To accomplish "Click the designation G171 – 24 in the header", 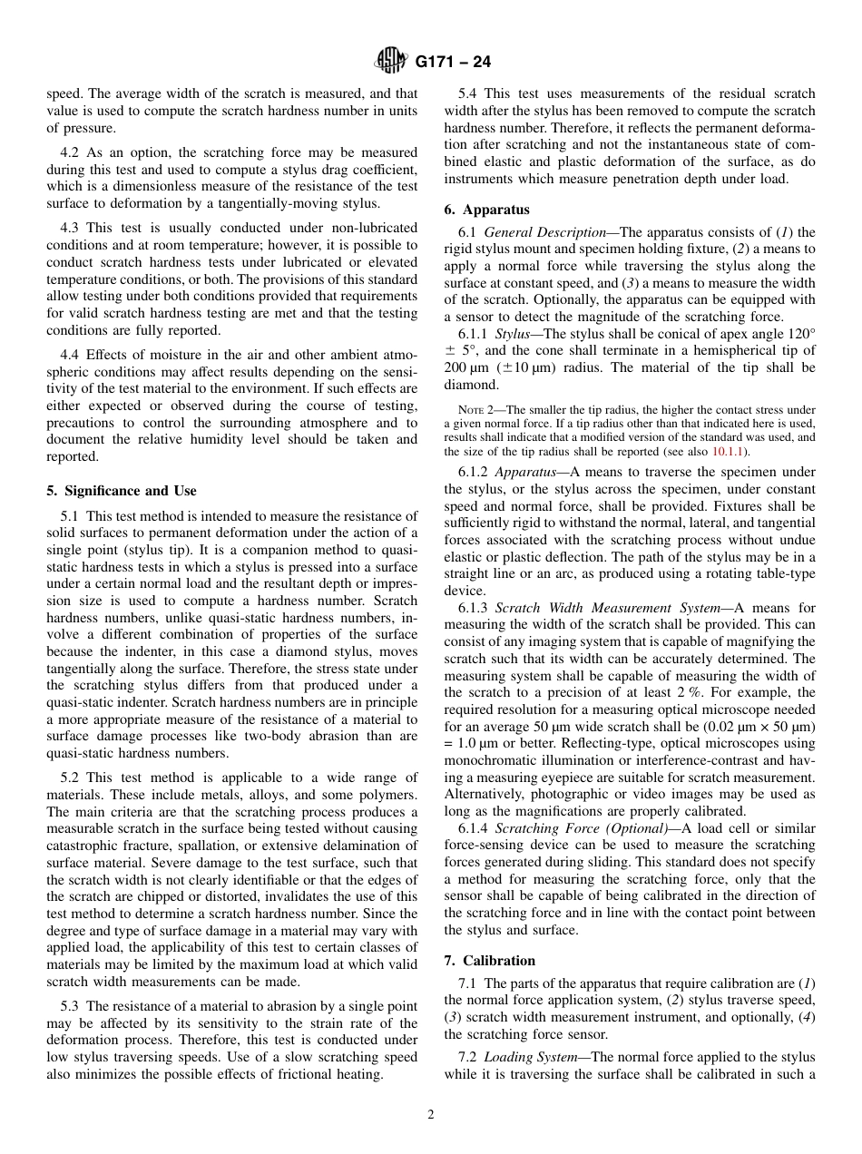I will coord(453,63).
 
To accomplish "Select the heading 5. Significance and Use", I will coord(122,491).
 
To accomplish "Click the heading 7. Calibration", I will coord(490,961).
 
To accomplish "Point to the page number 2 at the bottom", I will coord(431,1115).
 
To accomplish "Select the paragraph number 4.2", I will coord(72,152).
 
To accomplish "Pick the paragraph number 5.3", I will coord(72,1006).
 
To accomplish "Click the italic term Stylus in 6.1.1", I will coord(514,334).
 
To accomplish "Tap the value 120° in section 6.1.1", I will coord(798,334).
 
